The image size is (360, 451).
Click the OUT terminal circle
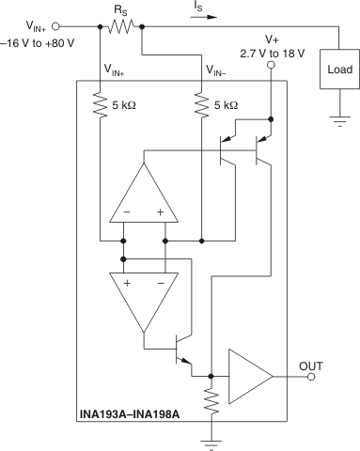(x=311, y=377)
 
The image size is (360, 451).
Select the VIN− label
(x=221, y=70)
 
